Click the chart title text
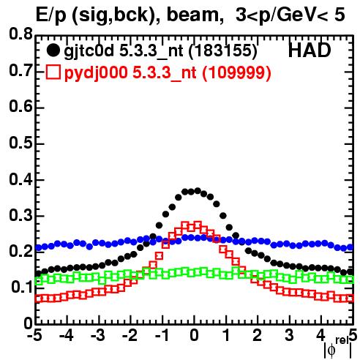190,15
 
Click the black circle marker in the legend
53,50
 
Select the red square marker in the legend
53,72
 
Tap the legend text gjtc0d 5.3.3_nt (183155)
160,51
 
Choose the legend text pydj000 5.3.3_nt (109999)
168,72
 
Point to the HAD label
310,50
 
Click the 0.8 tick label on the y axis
20,34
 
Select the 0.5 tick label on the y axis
20,143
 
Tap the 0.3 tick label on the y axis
20,216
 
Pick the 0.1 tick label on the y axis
21,288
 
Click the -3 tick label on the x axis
98,335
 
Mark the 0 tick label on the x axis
195,335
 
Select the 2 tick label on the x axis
258,335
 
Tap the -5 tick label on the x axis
34,335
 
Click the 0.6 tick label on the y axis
20,107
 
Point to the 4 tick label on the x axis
320,335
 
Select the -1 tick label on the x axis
162,335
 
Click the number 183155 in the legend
223,50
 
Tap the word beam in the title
192,15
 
